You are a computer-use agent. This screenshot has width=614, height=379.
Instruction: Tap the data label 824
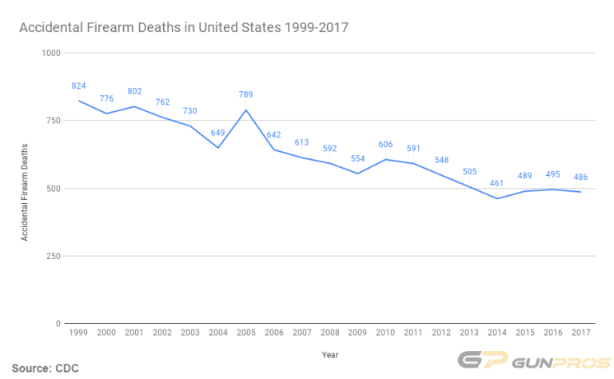point(78,86)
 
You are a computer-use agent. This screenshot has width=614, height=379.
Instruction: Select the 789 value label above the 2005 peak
point(245,95)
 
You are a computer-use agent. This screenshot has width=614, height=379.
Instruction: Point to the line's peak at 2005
point(245,110)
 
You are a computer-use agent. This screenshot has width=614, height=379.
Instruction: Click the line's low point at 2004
point(217,148)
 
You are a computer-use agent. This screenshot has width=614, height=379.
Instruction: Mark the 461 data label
point(497,184)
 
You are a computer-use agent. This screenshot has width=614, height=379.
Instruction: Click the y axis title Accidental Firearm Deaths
point(25,192)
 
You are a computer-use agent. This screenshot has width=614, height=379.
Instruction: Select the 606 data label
point(385,145)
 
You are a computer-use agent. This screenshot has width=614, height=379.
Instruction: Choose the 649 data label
point(217,133)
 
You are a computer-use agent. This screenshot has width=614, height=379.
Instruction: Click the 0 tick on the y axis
point(56,324)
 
